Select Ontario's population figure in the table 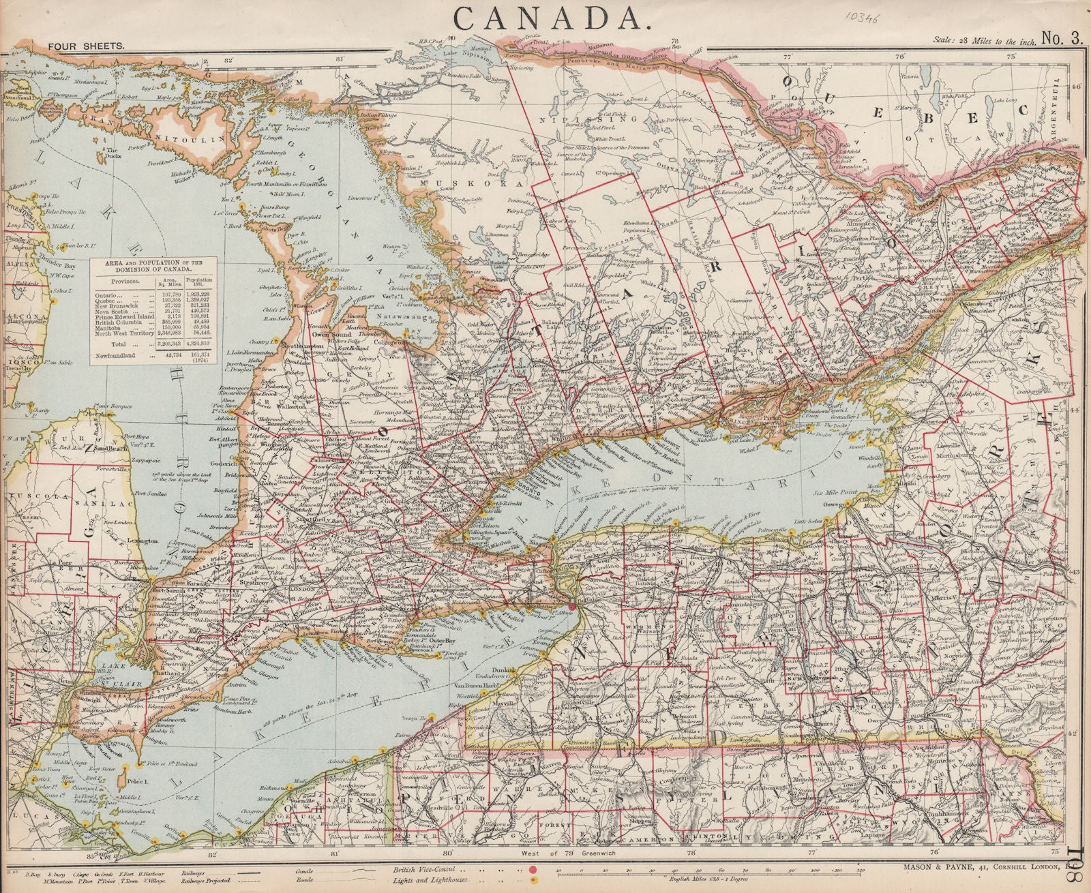click(x=200, y=292)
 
